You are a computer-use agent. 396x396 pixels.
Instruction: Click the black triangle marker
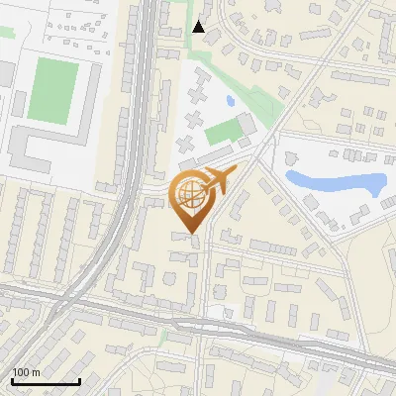pos(198,27)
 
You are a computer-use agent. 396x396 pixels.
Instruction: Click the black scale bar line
pos(46,381)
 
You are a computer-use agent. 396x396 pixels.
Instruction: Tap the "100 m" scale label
pos(27,372)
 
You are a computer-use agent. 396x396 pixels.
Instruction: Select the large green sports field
pos(51,90)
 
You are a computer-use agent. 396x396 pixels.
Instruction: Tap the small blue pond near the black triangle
pos(230,100)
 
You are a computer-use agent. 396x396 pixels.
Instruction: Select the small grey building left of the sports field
pos(5,73)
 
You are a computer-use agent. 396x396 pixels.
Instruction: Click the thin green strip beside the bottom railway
pos(163,335)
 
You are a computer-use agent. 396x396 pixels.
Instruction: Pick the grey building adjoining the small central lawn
pos(247,125)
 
